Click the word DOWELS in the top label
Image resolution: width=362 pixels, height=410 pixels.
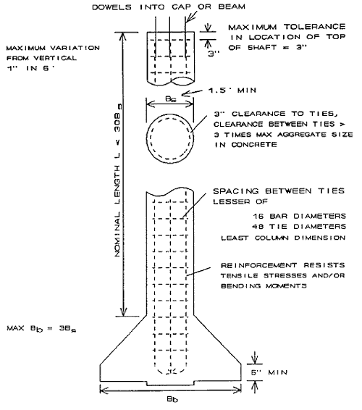click(x=111, y=7)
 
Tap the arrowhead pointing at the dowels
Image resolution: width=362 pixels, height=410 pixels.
click(x=190, y=18)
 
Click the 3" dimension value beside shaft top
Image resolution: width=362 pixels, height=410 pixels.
click(x=214, y=54)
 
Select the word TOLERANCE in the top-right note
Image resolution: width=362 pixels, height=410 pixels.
click(x=315, y=27)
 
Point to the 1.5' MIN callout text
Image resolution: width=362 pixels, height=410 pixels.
click(x=232, y=91)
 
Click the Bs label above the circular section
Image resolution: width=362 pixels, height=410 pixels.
click(x=171, y=99)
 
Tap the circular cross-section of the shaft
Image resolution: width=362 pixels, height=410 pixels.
click(x=170, y=114)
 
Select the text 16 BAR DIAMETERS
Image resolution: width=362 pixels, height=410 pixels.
click(x=300, y=216)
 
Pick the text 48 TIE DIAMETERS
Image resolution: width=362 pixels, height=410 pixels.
click(x=299, y=226)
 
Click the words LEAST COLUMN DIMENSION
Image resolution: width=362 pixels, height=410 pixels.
click(x=283, y=238)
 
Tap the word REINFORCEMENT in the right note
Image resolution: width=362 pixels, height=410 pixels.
click(x=258, y=265)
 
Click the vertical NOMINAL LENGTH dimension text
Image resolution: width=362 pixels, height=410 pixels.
click(x=117, y=180)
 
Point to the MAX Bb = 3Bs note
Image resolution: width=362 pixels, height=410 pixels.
click(x=41, y=328)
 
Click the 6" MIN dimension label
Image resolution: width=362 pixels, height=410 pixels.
click(x=269, y=372)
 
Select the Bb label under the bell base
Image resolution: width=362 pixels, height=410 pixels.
click(x=172, y=399)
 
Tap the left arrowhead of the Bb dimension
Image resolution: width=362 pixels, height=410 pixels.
click(x=104, y=390)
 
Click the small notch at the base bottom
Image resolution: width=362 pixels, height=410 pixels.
click(x=170, y=385)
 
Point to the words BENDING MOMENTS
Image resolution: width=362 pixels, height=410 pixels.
click(x=264, y=286)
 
